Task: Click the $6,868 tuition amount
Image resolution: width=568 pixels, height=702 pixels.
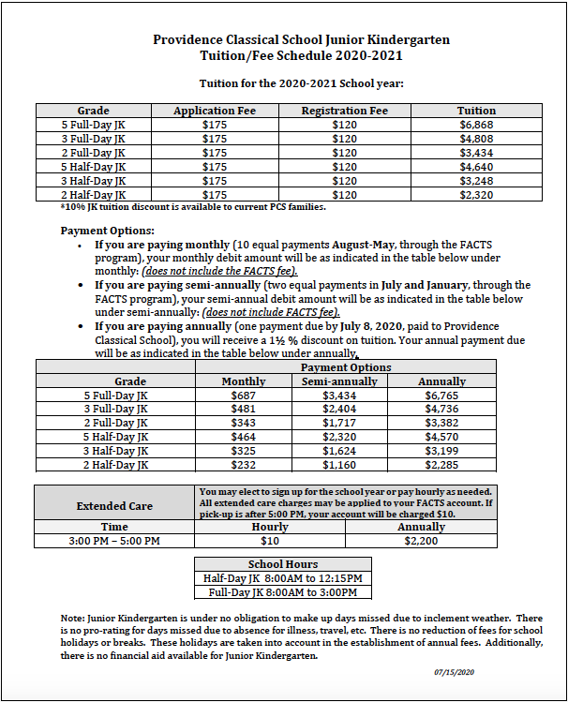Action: [476, 125]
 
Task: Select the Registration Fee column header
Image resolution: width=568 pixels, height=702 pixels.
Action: [344, 111]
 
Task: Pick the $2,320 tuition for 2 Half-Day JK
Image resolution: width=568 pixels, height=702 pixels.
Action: [476, 194]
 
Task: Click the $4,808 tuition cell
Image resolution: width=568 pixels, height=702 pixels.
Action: [476, 139]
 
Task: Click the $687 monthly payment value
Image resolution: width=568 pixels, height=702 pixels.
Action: [243, 396]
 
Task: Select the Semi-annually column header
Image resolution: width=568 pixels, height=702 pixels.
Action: [339, 381]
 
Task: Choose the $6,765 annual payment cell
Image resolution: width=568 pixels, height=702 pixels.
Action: [441, 396]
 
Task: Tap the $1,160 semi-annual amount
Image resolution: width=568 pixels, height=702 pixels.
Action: [339, 464]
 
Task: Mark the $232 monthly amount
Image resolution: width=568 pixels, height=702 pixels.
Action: [243, 464]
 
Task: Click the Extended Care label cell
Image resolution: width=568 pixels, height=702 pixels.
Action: [114, 506]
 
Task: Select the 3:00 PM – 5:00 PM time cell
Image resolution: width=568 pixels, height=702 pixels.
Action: [114, 541]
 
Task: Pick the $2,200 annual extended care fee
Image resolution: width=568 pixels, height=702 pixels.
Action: [422, 541]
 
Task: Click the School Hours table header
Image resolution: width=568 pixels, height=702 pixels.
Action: [283, 564]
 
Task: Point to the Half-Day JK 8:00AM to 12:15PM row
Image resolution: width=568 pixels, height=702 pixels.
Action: [283, 578]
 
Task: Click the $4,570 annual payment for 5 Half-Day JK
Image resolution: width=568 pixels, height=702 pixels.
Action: [441, 437]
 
